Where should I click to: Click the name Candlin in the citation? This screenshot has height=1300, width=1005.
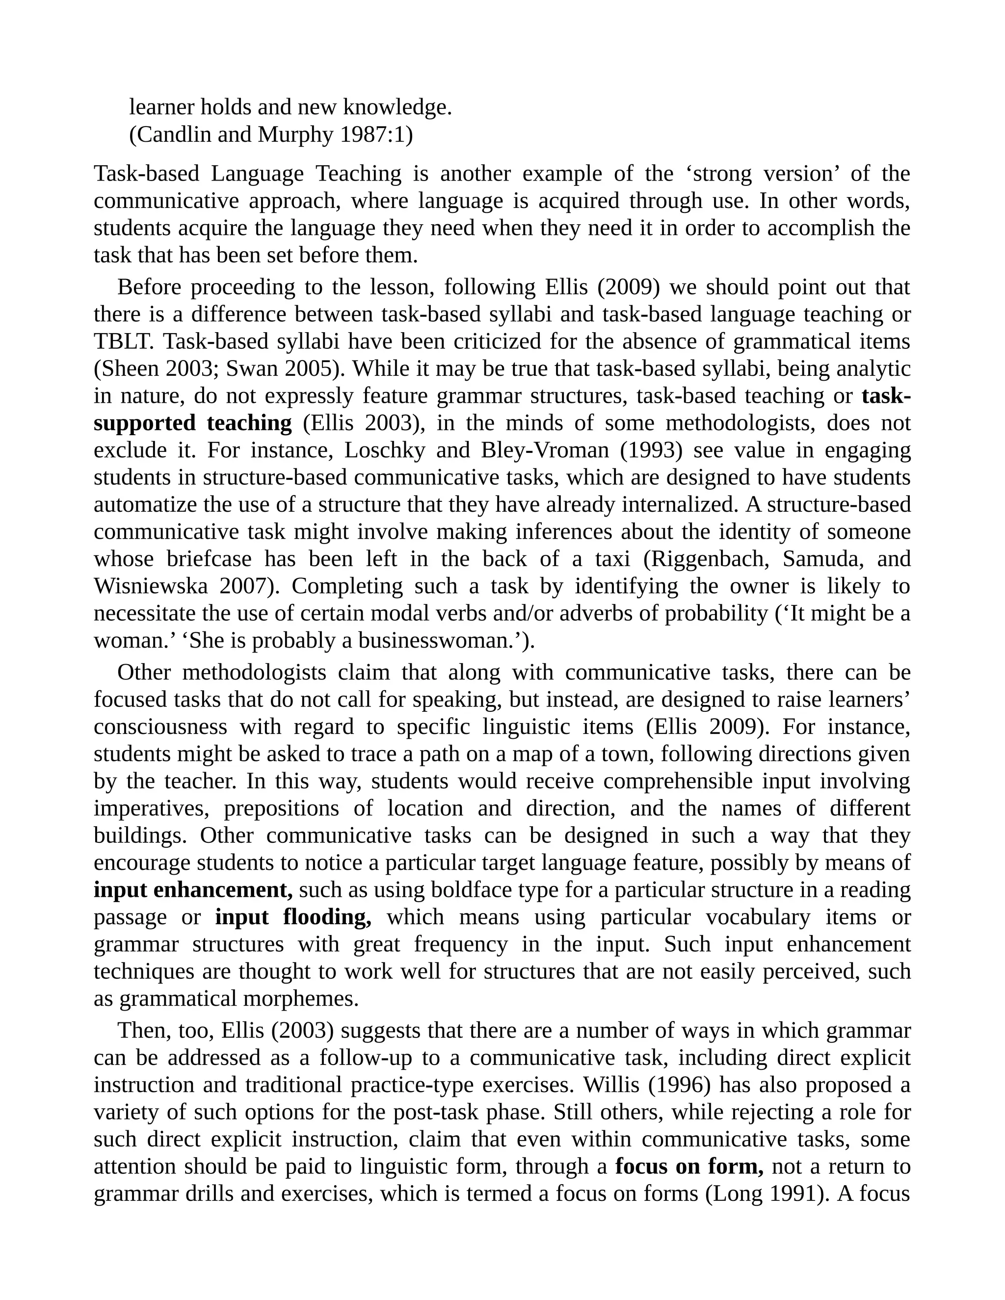(173, 134)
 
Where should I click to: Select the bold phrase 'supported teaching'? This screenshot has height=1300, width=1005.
(193, 423)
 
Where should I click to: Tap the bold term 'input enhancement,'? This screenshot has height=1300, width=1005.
(193, 890)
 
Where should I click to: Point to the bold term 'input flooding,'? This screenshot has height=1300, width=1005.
(293, 917)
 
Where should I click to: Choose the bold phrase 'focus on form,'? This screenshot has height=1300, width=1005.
(689, 1166)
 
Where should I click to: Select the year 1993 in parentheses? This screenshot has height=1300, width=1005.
(651, 451)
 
